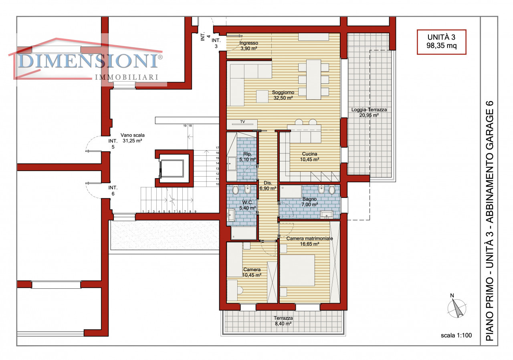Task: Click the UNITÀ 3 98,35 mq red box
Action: pyautogui.click(x=441, y=42)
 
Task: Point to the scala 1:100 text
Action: pyautogui.click(x=456, y=335)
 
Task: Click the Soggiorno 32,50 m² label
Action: pyautogui.click(x=283, y=95)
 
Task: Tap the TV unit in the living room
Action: pyautogui.click(x=242, y=124)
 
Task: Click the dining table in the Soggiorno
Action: pyautogui.click(x=313, y=79)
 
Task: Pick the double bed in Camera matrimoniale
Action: pyautogui.click(x=297, y=270)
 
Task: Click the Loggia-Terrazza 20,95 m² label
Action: pyautogui.click(x=369, y=113)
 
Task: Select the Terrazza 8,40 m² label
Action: pyautogui.click(x=283, y=321)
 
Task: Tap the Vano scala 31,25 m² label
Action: pyautogui.click(x=132, y=138)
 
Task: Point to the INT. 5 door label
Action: pyautogui.click(x=113, y=144)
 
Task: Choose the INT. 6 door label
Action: pyautogui.click(x=113, y=191)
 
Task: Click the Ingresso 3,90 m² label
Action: pyautogui.click(x=249, y=46)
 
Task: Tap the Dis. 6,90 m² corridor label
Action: pyautogui.click(x=268, y=186)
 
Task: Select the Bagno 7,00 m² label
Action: pyautogui.click(x=310, y=202)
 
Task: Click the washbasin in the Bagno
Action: pyautogui.click(x=327, y=215)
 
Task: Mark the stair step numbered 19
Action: pyautogui.click(x=185, y=126)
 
